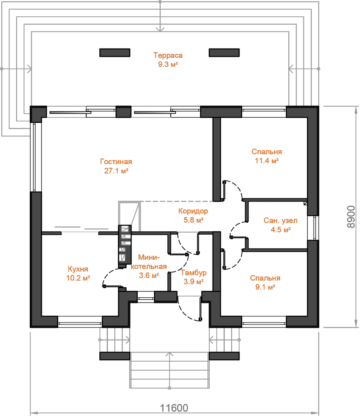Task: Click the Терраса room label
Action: [168, 55]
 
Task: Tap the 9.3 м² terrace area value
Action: [168, 64]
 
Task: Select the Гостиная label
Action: [116, 162]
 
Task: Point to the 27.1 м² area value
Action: [116, 171]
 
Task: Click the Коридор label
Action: [193, 211]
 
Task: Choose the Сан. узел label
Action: [281, 221]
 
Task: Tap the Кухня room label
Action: [78, 269]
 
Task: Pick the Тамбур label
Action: [193, 272]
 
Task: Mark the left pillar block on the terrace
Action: [115, 53]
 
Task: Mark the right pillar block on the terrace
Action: [224, 53]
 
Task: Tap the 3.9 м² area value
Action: [193, 281]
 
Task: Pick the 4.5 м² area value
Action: [281, 230]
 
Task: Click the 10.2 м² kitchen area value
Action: [78, 278]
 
